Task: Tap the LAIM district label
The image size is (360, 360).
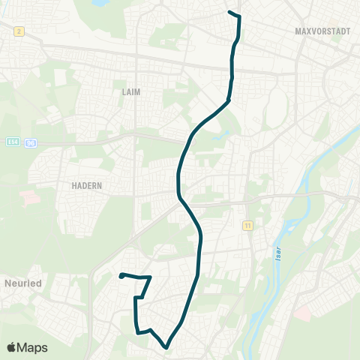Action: [130, 91]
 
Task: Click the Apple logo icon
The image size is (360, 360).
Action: [11, 347]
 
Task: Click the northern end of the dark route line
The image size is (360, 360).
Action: [229, 12]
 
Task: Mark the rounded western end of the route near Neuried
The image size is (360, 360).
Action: [121, 277]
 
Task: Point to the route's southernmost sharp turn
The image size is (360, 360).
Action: [166, 346]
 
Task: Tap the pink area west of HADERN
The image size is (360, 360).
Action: [28, 198]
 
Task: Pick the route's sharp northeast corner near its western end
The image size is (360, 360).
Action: [151, 277]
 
